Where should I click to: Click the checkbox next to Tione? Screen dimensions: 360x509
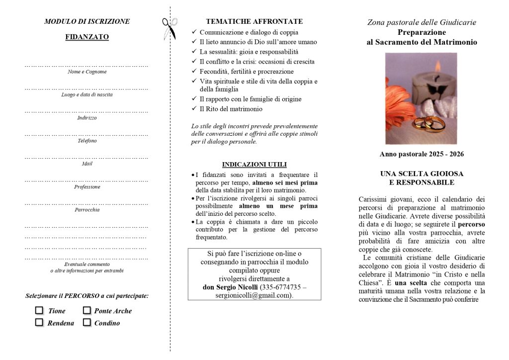pyautogui.click(x=39, y=310)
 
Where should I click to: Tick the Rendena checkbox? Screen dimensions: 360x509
pyautogui.click(x=39, y=322)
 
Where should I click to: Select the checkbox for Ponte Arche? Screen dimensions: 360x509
pyautogui.click(x=86, y=310)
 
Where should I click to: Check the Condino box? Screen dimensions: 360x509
pyautogui.click(x=86, y=322)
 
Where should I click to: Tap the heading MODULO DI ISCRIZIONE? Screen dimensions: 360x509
pyautogui.click(x=87, y=21)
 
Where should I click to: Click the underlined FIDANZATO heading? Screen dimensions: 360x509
pyautogui.click(x=87, y=37)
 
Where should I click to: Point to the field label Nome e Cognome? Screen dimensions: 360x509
pyautogui.click(x=87, y=72)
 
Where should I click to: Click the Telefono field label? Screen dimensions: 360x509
pyautogui.click(x=87, y=141)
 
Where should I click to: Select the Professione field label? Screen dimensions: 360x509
pyautogui.click(x=87, y=187)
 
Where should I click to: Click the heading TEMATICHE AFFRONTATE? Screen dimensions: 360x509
pyautogui.click(x=254, y=21)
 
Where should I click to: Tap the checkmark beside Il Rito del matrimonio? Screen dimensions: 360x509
pyautogui.click(x=194, y=109)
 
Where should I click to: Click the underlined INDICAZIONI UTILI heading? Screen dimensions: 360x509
pyautogui.click(x=254, y=165)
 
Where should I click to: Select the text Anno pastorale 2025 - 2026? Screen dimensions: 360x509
pyautogui.click(x=422, y=154)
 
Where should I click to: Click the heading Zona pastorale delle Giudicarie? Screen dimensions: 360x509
pyautogui.click(x=422, y=22)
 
